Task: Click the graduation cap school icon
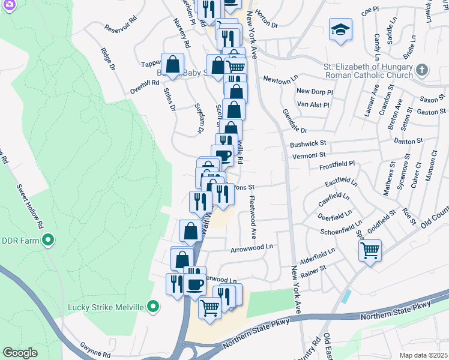[340, 30]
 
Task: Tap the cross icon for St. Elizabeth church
[422, 70]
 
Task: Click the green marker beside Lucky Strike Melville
[153, 307]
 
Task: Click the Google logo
[20, 353]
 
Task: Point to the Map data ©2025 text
[423, 355]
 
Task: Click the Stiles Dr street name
[170, 100]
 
